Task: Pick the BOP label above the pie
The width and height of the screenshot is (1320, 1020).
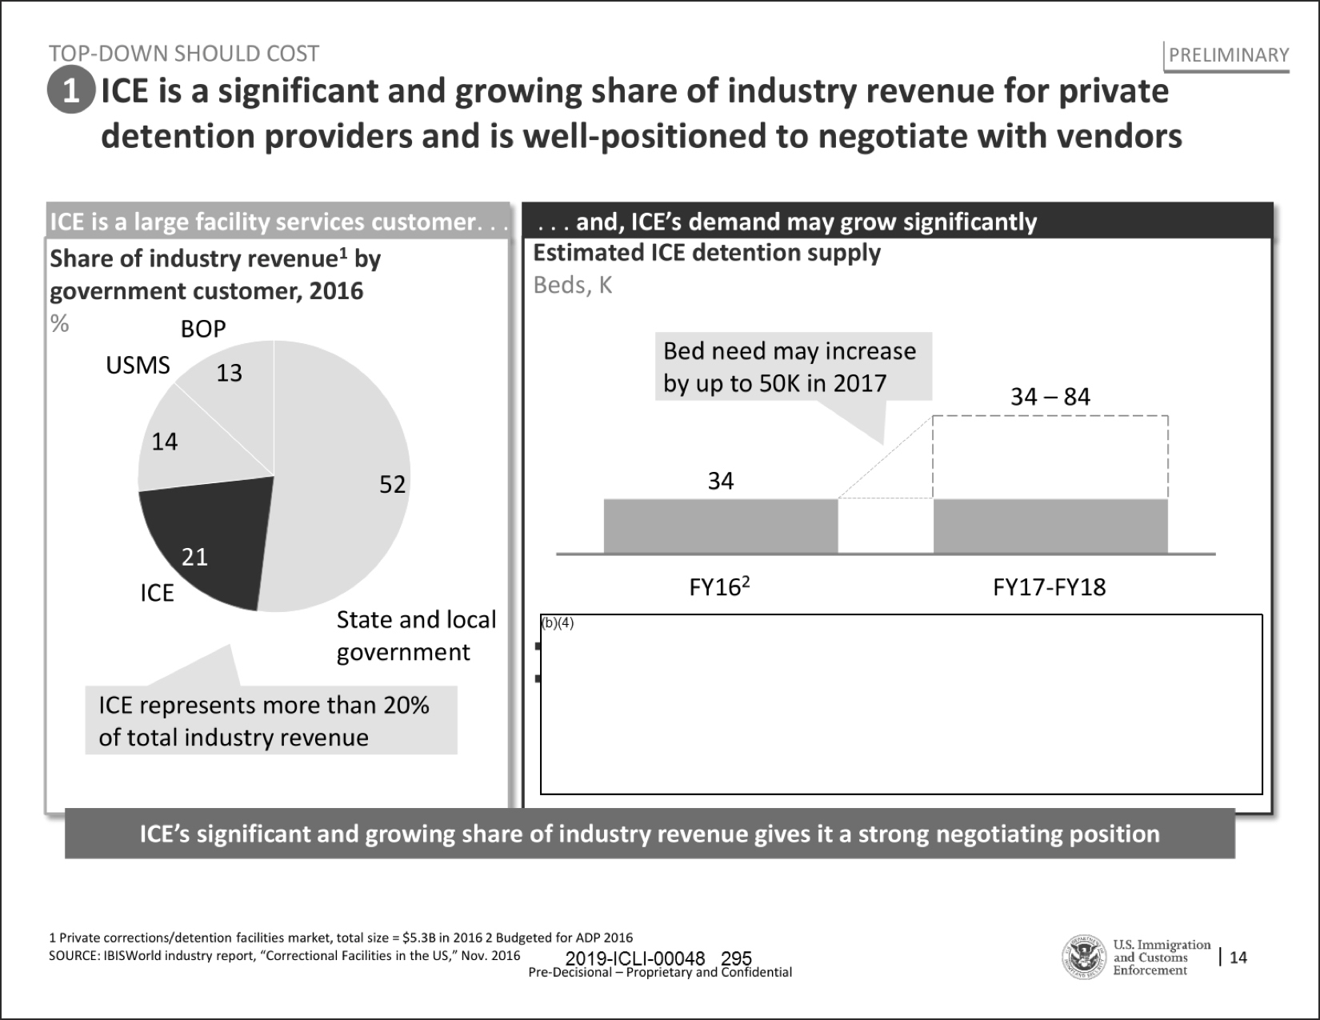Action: [x=203, y=329]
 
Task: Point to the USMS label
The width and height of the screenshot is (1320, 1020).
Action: [x=138, y=366]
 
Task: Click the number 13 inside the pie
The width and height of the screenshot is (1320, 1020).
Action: [x=230, y=373]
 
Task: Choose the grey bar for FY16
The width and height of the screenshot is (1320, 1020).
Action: [x=720, y=526]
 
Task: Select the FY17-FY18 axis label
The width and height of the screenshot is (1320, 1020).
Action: [x=1049, y=588]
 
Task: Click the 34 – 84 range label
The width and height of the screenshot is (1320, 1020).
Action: [x=1050, y=397]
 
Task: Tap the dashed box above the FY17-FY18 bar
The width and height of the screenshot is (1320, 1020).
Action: [x=1050, y=457]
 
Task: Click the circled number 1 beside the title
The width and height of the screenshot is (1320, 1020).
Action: [x=71, y=90]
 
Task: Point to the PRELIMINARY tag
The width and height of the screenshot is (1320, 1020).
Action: [x=1229, y=55]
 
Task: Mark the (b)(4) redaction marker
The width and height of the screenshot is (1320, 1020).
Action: [x=558, y=623]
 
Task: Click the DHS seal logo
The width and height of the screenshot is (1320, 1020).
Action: [x=1084, y=958]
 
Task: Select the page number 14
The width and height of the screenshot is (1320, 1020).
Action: [x=1238, y=958]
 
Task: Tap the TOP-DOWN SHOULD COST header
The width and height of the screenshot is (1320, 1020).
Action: [x=184, y=54]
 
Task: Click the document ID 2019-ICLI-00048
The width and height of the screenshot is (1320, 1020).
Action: [x=634, y=958]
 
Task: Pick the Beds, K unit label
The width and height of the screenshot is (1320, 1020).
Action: [x=573, y=286]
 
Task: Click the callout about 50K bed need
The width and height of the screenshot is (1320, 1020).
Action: [x=790, y=367]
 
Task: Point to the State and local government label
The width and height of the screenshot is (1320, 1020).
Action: [x=416, y=636]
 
